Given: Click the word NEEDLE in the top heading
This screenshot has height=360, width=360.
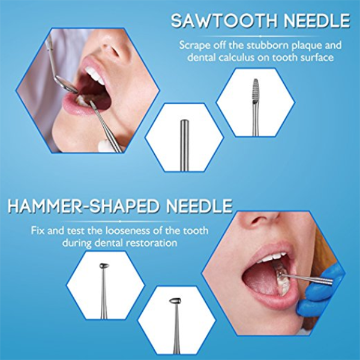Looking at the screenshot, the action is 317,21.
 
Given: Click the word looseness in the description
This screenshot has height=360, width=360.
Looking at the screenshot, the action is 128,230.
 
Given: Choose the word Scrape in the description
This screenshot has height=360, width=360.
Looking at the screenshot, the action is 194,46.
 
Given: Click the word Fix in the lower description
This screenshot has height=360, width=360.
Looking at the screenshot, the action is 38,230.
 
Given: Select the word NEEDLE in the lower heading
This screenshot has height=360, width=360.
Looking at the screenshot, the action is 199,206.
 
